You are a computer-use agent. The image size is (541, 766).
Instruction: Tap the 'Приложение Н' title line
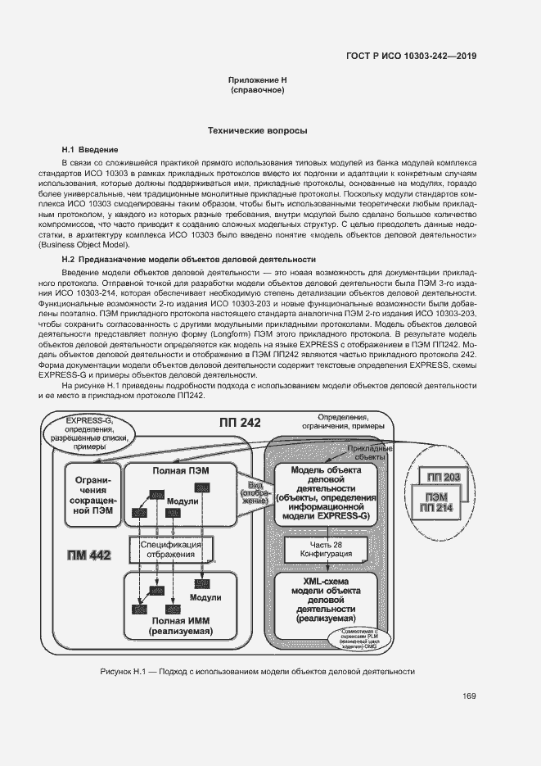(x=258, y=80)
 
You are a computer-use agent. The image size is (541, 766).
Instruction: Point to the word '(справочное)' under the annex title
(x=258, y=90)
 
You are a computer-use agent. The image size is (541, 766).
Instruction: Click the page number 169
(x=469, y=697)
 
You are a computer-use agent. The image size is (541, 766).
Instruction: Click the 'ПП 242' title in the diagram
(x=240, y=423)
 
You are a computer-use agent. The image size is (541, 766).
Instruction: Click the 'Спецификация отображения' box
(x=170, y=548)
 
